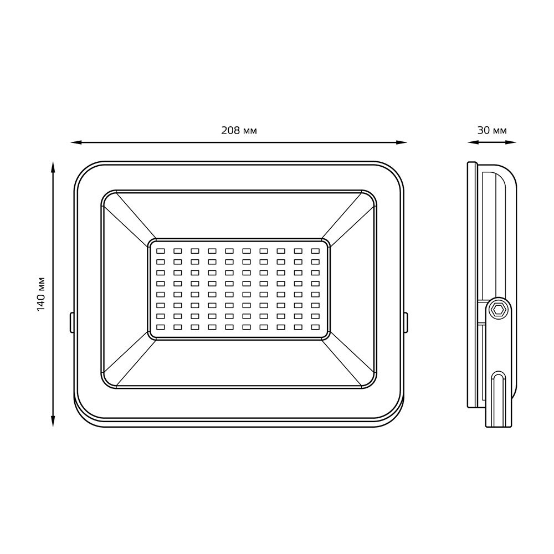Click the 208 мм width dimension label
click(x=239, y=131)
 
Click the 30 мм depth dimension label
click(x=492, y=131)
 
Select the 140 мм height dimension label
click(x=42, y=294)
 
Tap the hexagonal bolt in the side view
click(x=499, y=310)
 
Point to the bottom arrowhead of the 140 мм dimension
click(x=53, y=421)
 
